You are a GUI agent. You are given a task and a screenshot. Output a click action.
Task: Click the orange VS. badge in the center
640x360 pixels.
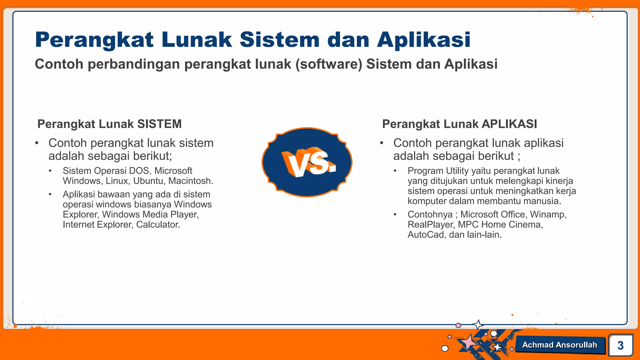click(307, 162)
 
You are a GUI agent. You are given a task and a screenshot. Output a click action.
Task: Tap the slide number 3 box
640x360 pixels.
click(621, 345)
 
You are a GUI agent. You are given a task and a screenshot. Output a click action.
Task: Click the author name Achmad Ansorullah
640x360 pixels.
click(559, 345)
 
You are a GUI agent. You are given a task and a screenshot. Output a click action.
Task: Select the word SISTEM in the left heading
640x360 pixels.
click(159, 124)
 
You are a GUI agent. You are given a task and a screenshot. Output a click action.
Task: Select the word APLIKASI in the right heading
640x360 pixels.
click(509, 124)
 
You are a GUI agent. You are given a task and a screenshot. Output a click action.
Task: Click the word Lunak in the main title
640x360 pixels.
click(197, 40)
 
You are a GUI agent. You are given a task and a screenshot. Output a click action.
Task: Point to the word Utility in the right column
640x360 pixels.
click(457, 171)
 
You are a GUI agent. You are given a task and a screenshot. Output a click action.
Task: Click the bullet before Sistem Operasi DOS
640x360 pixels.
click(50, 171)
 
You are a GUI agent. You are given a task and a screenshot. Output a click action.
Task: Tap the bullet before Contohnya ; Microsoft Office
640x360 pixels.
click(395, 214)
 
